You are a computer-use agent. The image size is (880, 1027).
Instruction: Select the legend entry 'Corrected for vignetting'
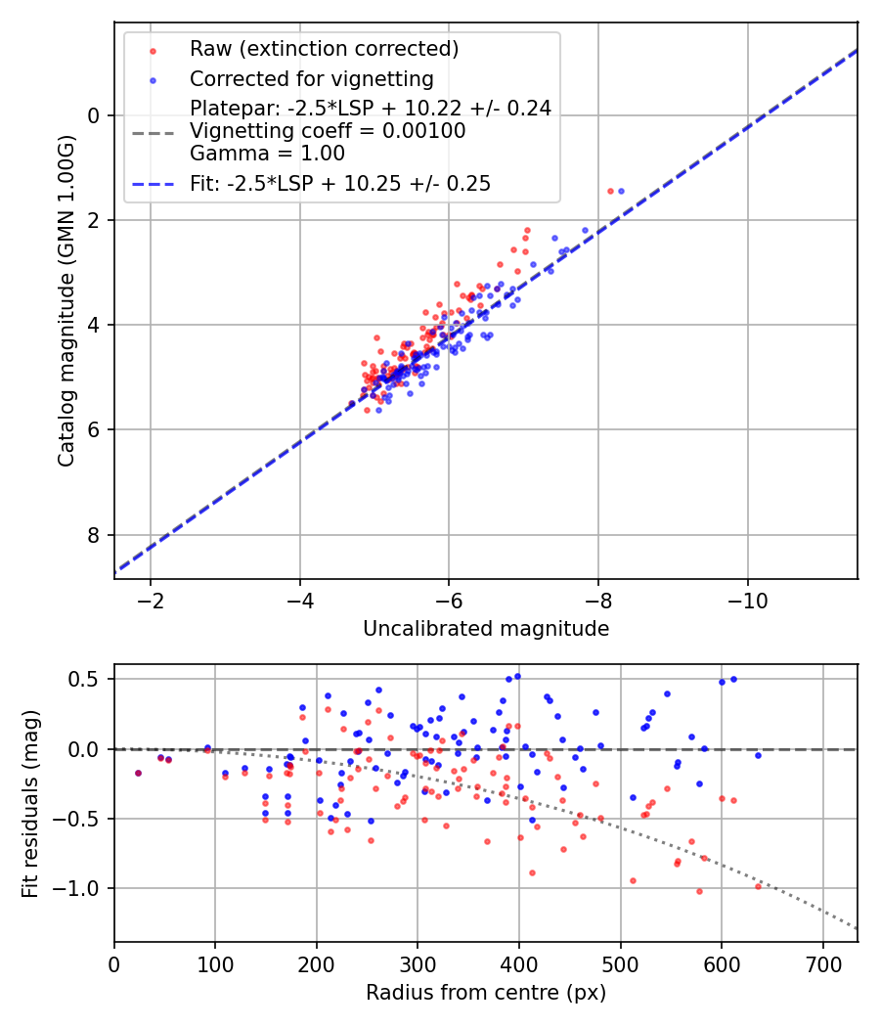(311, 78)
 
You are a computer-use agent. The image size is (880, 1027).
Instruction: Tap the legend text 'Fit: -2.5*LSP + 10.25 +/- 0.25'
(339, 183)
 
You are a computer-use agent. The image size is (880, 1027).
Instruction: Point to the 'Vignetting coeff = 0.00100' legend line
(328, 131)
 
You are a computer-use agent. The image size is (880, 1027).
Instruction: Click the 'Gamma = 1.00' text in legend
(267, 154)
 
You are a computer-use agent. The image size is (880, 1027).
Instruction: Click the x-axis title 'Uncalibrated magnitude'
(486, 629)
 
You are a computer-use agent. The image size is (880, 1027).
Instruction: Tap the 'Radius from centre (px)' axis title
(486, 993)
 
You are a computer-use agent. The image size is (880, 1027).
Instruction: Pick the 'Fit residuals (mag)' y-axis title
(30, 802)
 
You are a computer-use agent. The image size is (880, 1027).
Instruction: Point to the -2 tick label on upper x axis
(151, 599)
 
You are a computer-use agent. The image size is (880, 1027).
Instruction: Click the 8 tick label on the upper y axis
(95, 535)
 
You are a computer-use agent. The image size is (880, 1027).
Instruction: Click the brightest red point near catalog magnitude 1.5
(610, 191)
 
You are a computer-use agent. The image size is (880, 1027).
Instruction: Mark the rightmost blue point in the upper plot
(620, 191)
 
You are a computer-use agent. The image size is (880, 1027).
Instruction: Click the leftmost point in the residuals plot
(138, 773)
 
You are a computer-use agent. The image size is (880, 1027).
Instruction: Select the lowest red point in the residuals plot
(699, 891)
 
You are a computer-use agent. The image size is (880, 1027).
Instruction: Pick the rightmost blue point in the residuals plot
(758, 755)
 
